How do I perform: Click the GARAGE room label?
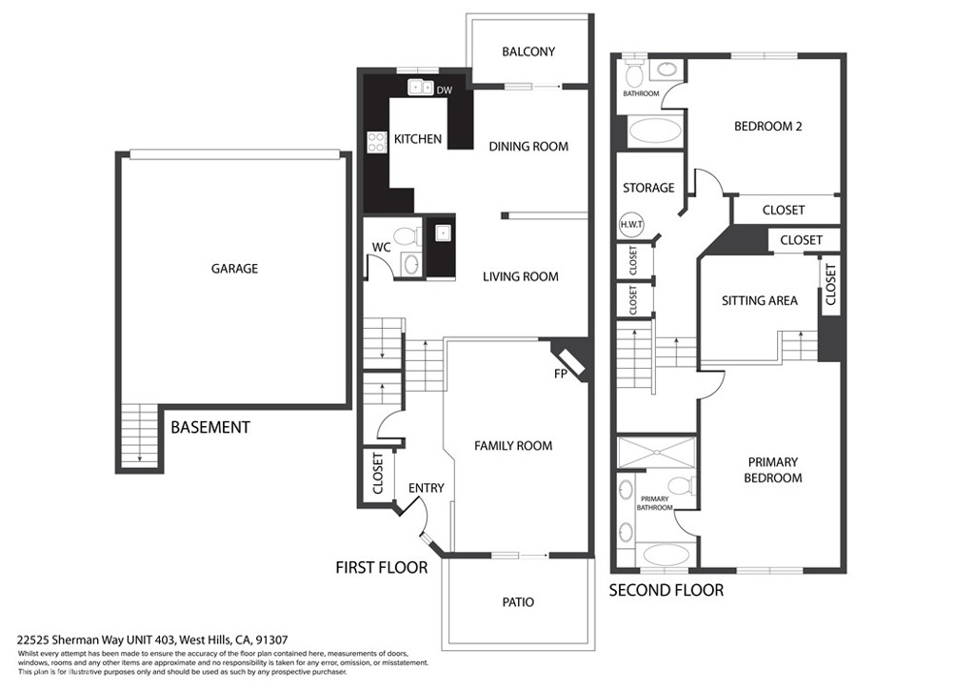pos(234,269)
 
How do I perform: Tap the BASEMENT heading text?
pos(209,428)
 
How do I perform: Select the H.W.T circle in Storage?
pos(630,225)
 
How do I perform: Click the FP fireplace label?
pos(561,374)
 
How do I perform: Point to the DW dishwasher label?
pos(444,91)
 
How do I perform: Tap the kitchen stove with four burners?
pos(375,141)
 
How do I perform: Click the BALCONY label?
pos(527,51)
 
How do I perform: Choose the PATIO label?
pos(518,601)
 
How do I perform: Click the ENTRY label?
pos(426,488)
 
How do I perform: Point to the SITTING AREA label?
pos(759,300)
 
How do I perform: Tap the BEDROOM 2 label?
pos(767,125)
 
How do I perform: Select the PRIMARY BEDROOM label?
pos(772,470)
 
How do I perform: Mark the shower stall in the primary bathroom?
pos(657,453)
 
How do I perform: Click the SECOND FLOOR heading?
pos(666,590)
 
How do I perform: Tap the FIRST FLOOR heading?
pos(381,567)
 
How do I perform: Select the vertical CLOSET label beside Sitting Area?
pos(830,284)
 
